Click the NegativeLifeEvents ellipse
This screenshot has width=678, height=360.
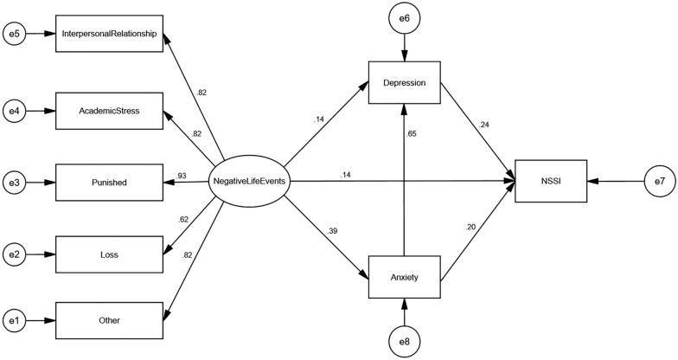point(251,182)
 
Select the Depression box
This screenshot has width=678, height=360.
point(405,82)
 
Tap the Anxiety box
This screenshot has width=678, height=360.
point(405,276)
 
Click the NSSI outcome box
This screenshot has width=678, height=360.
point(551,182)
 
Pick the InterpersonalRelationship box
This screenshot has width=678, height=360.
point(109,35)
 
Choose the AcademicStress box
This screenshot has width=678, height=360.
point(109,110)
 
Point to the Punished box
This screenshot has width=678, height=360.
point(109,183)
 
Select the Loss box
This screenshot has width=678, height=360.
point(109,255)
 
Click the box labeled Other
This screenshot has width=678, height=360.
point(109,320)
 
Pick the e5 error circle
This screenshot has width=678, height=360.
point(14,35)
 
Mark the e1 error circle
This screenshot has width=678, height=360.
point(14,320)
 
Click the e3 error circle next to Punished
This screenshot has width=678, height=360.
point(14,183)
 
